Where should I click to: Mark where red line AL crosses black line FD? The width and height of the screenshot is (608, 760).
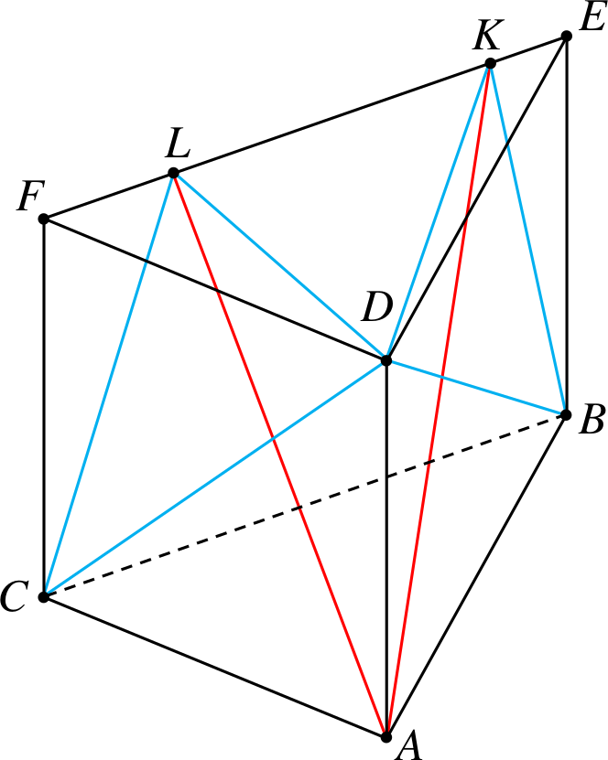pyautogui.click(x=216, y=291)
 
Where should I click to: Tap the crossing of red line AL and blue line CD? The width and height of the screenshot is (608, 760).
pyautogui.click(x=272, y=439)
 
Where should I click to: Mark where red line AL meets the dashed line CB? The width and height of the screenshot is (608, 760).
pyautogui.click(x=299, y=508)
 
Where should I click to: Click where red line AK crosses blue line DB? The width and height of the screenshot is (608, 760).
pyautogui.click(x=441, y=377)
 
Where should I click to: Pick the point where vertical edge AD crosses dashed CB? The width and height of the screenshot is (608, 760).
pyautogui.click(x=386, y=477)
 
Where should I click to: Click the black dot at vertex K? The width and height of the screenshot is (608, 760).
pyautogui.click(x=490, y=63)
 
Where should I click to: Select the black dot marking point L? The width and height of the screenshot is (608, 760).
pyautogui.click(x=173, y=173)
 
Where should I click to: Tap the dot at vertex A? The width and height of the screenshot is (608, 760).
pyautogui.click(x=386, y=737)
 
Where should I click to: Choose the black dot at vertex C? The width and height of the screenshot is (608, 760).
pyautogui.click(x=44, y=597)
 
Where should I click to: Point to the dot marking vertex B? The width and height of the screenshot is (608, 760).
pyautogui.click(x=565, y=415)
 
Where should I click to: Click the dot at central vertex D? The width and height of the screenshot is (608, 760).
pyautogui.click(x=386, y=360)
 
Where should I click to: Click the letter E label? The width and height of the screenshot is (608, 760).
pyautogui.click(x=592, y=18)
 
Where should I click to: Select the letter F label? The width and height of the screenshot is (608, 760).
pyautogui.click(x=31, y=196)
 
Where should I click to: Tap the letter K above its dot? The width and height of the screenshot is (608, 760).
pyautogui.click(x=488, y=36)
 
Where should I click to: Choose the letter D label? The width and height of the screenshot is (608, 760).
pyautogui.click(x=377, y=307)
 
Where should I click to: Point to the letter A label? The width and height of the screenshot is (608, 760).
pyautogui.click(x=408, y=746)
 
